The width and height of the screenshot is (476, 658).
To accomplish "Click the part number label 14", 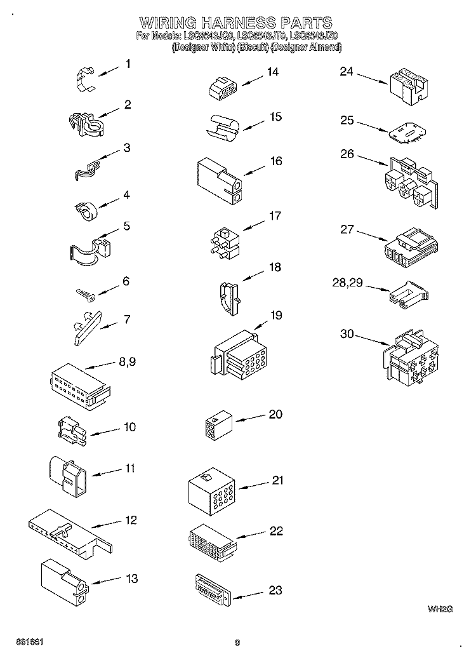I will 272,72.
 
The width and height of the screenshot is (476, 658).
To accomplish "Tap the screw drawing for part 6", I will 85,293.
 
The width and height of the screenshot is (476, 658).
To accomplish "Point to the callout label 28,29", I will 347,283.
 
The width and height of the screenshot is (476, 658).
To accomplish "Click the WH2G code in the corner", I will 439,609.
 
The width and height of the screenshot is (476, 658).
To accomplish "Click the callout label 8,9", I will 128,363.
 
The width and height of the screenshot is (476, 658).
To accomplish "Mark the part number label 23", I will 275,590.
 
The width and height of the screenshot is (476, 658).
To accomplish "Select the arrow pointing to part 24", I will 371,78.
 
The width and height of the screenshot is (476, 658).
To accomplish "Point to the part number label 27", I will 347,229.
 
